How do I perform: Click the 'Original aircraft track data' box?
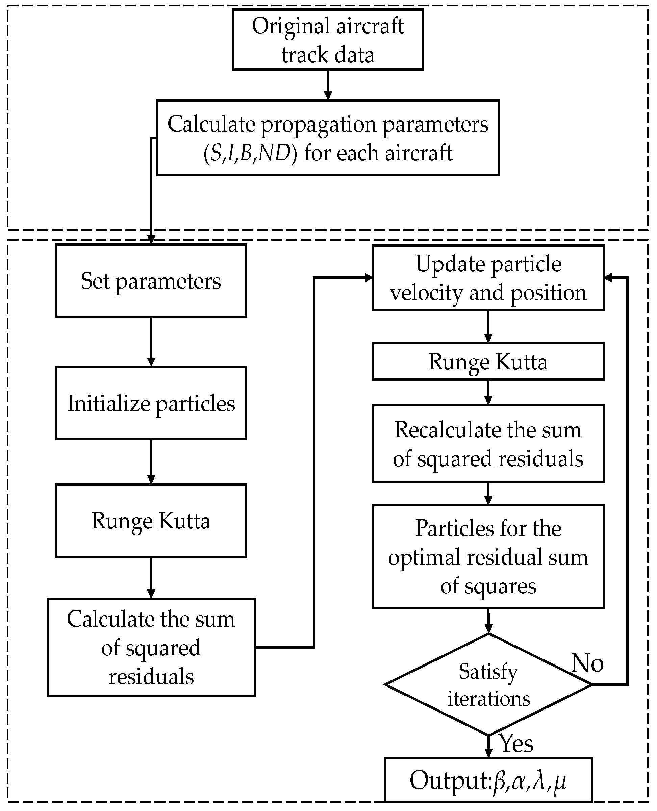[328, 40]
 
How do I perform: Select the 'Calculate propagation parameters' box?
[328, 138]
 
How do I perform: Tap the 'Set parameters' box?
[151, 281]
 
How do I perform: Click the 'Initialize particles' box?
[151, 403]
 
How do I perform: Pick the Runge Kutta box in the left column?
[151, 520]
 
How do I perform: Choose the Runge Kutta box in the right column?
[488, 362]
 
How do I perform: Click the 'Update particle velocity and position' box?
[488, 278]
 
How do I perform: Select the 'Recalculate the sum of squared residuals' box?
[488, 444]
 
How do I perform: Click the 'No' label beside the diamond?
[587, 663]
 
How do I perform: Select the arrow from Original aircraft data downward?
[328, 85]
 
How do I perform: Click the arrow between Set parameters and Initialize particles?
[151, 341]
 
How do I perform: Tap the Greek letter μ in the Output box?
[560, 781]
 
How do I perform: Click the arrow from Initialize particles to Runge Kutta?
[151, 461]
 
